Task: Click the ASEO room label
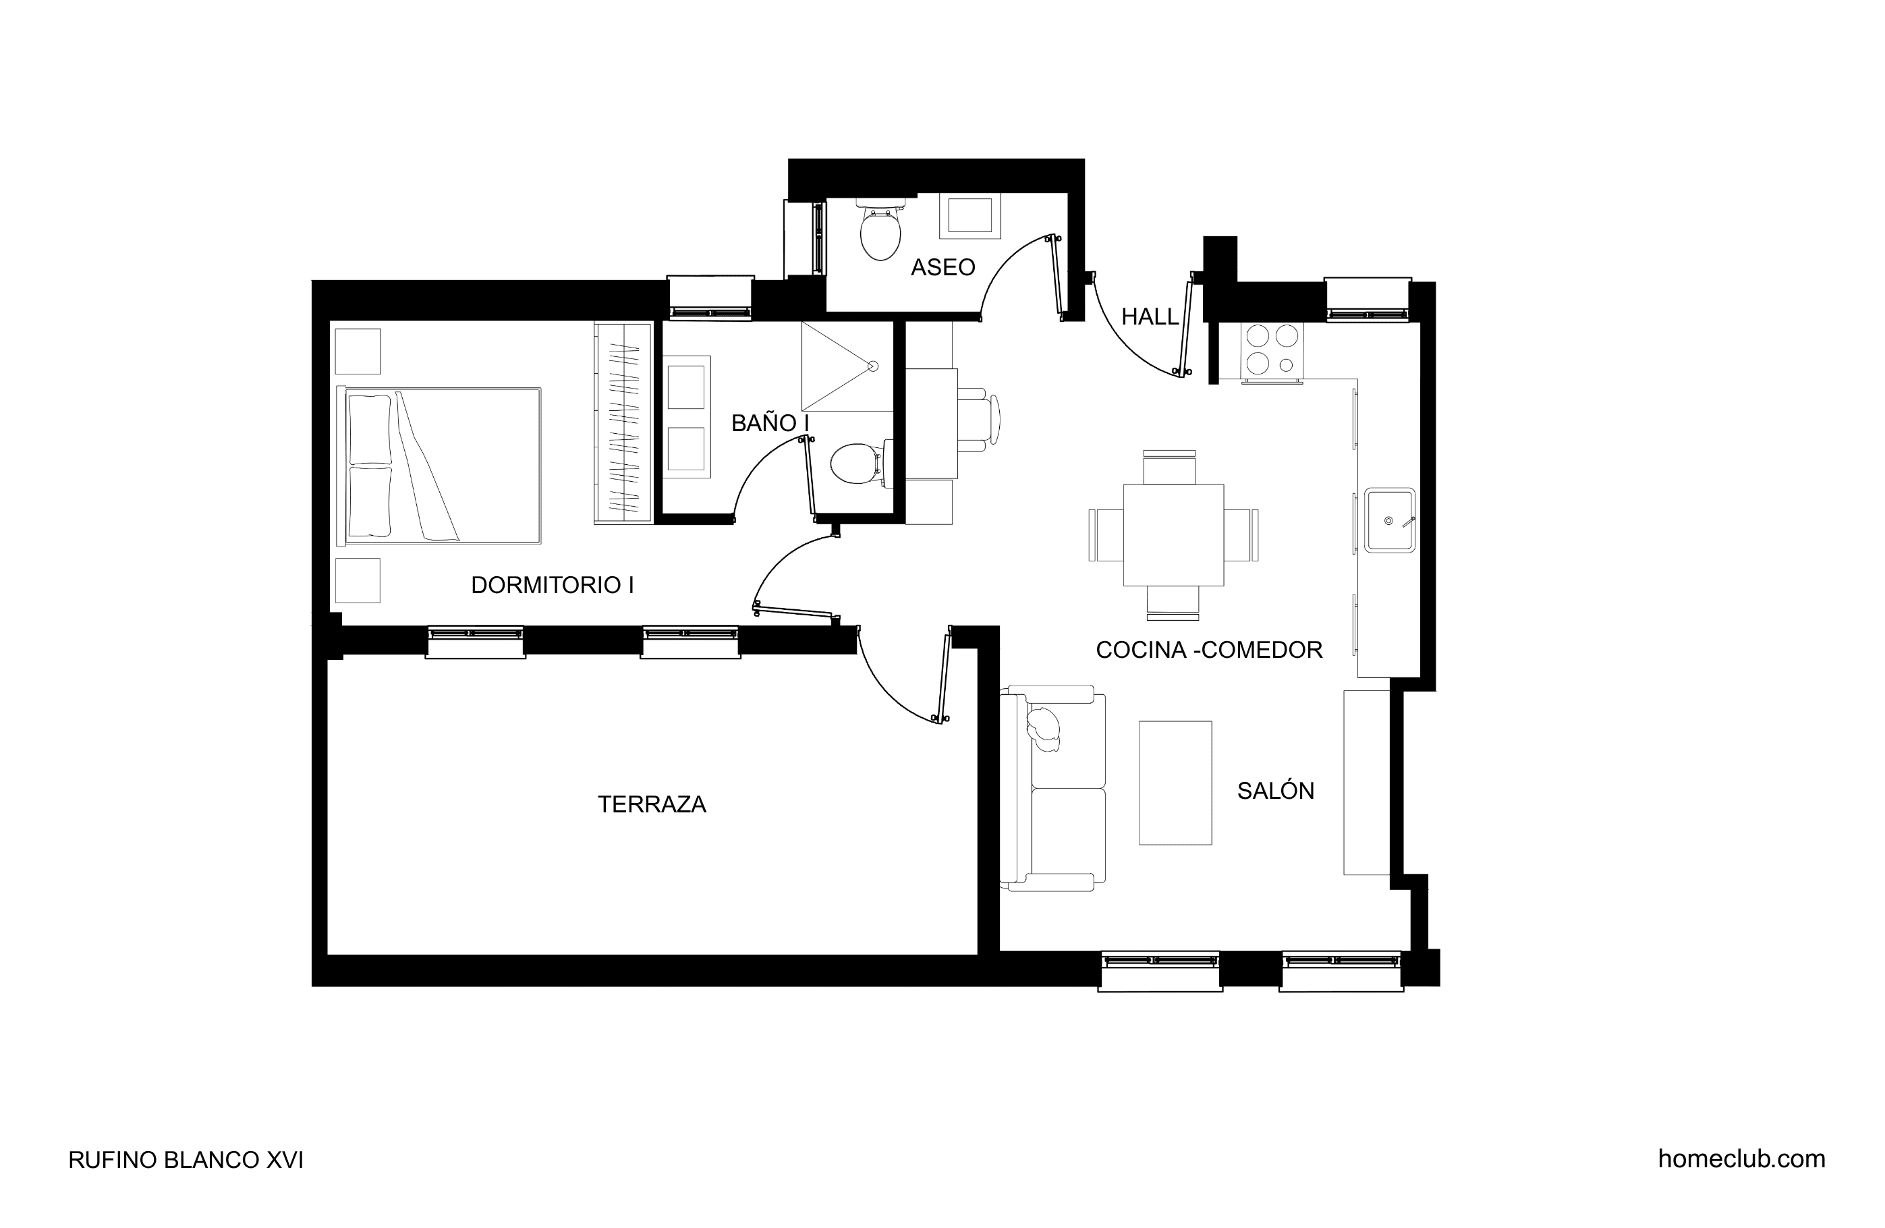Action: pos(942,268)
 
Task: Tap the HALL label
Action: pos(1150,317)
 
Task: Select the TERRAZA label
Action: pos(652,805)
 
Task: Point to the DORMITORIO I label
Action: pos(552,586)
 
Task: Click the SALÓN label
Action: pos(1276,791)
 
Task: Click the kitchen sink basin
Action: pos(1389,520)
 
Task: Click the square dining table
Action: pos(1173,536)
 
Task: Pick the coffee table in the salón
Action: pos(1175,783)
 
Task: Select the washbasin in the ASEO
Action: pos(970,215)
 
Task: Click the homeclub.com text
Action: pos(1742,1159)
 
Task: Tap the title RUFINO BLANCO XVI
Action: pos(186,1161)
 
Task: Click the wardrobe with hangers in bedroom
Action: pos(623,422)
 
